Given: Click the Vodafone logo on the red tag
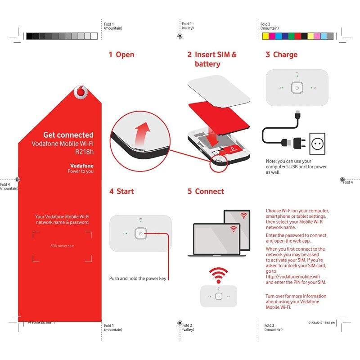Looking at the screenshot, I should tap(81, 93).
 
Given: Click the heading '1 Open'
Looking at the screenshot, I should tap(121, 54).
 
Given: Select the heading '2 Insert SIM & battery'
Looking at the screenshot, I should tap(212, 59).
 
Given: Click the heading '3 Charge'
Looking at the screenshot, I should tap(281, 54).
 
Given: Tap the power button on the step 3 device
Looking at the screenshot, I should tap(295, 88).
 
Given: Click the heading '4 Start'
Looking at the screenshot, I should tap(121, 191).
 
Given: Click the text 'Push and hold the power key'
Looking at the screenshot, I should tap(138, 279).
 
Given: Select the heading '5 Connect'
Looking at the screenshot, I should tap(206, 191).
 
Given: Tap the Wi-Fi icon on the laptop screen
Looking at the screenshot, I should tap(233, 229).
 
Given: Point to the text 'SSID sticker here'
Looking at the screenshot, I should tap(62, 246).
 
